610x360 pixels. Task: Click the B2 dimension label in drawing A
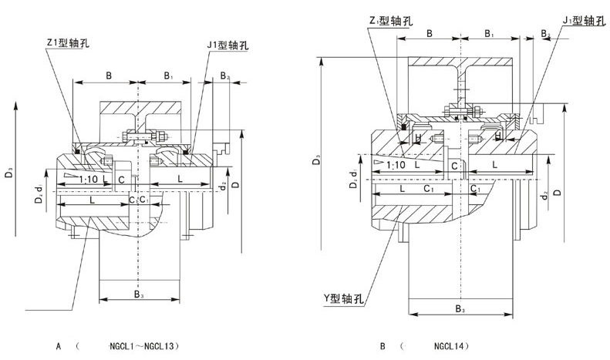[x=225, y=76]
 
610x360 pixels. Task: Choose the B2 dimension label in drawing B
[x=544, y=34]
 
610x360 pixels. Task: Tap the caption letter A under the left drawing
[x=58, y=347]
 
